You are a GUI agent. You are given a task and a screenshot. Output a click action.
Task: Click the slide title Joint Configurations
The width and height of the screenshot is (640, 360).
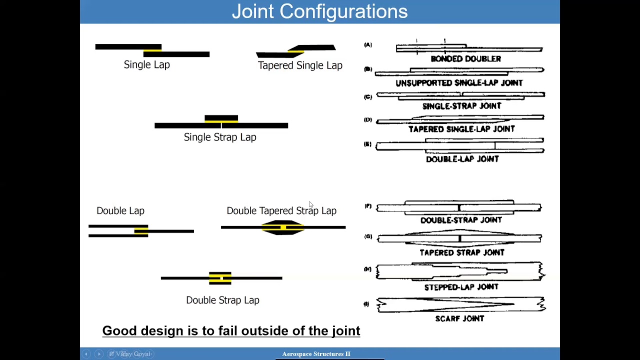click(x=319, y=11)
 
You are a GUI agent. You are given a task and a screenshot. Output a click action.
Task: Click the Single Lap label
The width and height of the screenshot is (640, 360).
click(x=146, y=65)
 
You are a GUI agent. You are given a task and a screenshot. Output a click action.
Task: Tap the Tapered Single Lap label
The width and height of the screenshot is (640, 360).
click(x=300, y=65)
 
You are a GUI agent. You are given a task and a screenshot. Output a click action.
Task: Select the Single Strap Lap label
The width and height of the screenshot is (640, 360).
click(x=220, y=137)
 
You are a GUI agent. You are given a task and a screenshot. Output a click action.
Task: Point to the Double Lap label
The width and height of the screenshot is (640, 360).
click(x=120, y=211)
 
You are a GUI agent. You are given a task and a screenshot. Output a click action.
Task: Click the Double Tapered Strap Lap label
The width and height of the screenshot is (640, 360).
click(x=281, y=211)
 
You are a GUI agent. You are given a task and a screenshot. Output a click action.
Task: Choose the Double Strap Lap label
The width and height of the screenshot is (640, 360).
click(x=222, y=300)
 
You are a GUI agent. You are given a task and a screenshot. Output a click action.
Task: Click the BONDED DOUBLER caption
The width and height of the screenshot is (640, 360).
click(x=465, y=59)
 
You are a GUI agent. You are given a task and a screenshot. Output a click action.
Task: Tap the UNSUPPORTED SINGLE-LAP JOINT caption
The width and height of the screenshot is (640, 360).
click(x=459, y=83)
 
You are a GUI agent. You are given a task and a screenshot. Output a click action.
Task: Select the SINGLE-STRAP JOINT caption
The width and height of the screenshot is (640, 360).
click(x=461, y=106)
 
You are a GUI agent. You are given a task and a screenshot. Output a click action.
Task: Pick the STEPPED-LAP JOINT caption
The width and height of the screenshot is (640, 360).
click(x=461, y=287)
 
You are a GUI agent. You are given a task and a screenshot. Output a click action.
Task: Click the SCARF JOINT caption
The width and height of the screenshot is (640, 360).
click(x=459, y=318)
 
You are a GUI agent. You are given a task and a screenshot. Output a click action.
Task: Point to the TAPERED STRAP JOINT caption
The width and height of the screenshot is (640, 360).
click(x=461, y=252)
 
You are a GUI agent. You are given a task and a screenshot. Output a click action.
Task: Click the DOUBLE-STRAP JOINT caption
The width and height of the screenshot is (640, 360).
click(x=461, y=220)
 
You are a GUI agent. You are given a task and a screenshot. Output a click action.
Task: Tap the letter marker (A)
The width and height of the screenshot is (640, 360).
click(x=368, y=45)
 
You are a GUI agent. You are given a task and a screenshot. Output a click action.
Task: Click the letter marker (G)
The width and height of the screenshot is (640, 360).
click(x=368, y=236)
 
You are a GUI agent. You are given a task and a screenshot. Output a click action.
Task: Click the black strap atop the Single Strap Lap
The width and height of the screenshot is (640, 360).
click(x=221, y=118)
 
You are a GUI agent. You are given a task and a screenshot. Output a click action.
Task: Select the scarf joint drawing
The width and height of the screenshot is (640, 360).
click(x=460, y=304)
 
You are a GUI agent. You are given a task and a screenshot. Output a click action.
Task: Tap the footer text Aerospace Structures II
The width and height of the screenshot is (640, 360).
click(x=316, y=354)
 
